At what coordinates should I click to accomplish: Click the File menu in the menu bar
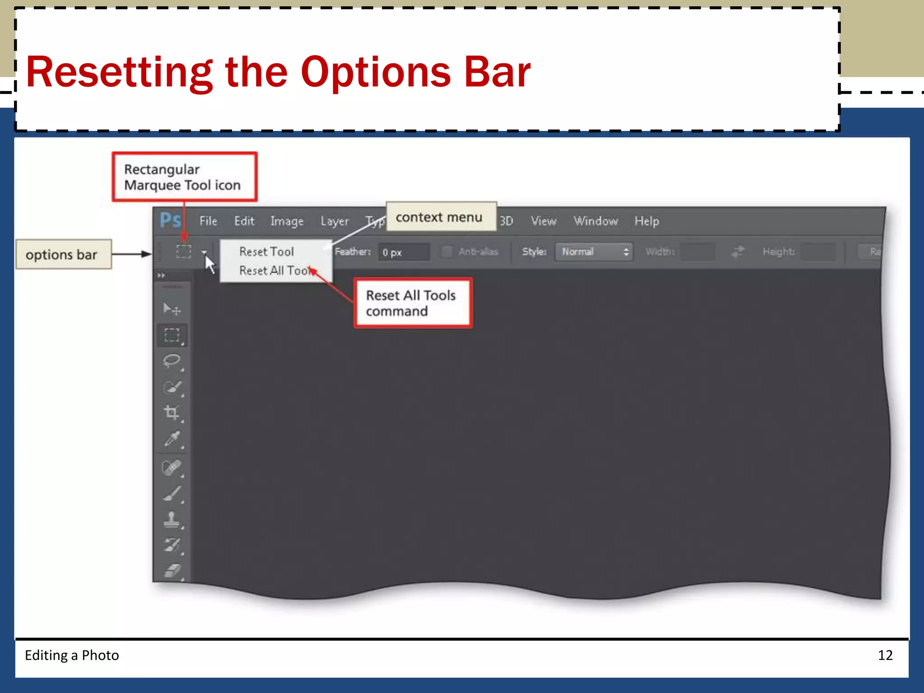point(208,221)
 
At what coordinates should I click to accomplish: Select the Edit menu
point(244,221)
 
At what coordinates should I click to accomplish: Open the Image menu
point(287,221)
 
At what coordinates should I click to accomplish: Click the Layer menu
point(334,221)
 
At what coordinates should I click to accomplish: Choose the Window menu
point(596,221)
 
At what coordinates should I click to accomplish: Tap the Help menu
point(647,221)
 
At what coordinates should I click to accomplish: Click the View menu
point(543,221)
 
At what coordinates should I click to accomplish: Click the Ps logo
point(171,220)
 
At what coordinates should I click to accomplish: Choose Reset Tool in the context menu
point(266,252)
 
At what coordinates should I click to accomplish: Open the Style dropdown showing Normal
point(594,252)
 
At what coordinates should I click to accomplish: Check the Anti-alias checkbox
point(447,252)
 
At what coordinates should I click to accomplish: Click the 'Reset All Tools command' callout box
point(413,303)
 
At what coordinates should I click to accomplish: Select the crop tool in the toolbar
point(172,412)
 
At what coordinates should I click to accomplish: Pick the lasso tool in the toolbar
point(172,361)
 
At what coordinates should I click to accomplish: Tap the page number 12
point(885,655)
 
